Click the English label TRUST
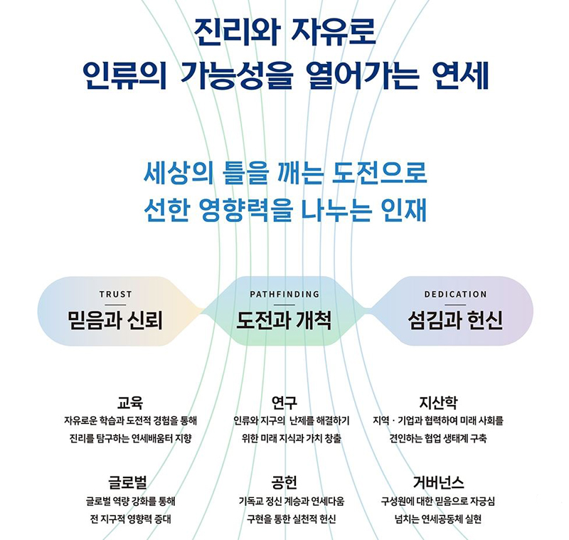coord(115,295)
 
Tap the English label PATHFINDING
coord(284,295)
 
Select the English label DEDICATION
coord(455,295)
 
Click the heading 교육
coord(130,403)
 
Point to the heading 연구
coord(284,403)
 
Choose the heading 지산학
coord(438,403)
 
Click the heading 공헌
coord(284,482)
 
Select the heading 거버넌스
coord(438,482)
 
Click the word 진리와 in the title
coord(237,33)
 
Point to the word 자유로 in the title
coord(334,33)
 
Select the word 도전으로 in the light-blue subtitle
coord(380,172)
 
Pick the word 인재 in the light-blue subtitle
coord(404,210)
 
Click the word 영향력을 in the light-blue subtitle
coord(246,210)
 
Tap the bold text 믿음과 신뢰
coord(115,320)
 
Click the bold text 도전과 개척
coord(284,320)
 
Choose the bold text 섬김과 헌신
coord(455,320)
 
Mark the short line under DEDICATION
coord(455,305)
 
